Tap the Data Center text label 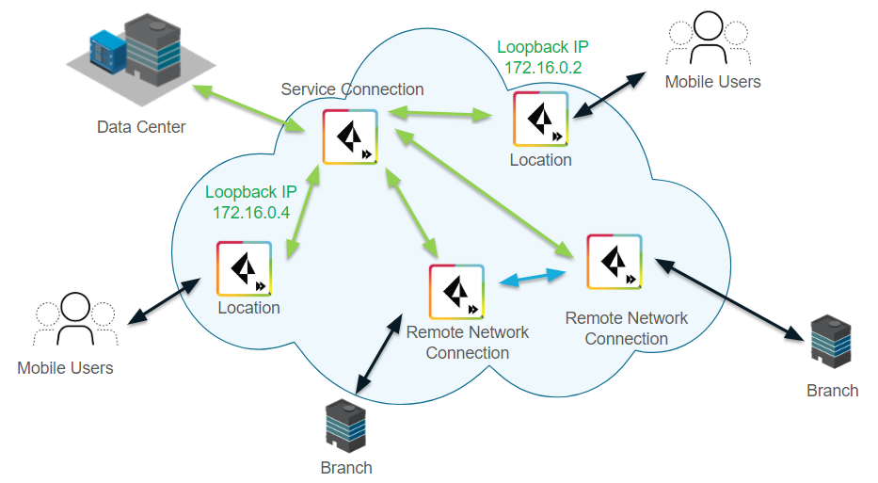141,126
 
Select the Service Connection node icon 350,137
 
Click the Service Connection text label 352,89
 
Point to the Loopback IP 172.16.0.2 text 542,57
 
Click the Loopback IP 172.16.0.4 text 251,202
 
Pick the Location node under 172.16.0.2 541,120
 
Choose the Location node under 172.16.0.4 245,268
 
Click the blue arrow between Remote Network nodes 533,277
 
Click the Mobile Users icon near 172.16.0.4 74,321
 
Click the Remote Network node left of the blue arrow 457,292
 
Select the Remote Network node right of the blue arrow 614,262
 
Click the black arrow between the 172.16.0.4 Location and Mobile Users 165,300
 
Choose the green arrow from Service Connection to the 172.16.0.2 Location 440,115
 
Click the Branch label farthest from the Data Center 832,390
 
